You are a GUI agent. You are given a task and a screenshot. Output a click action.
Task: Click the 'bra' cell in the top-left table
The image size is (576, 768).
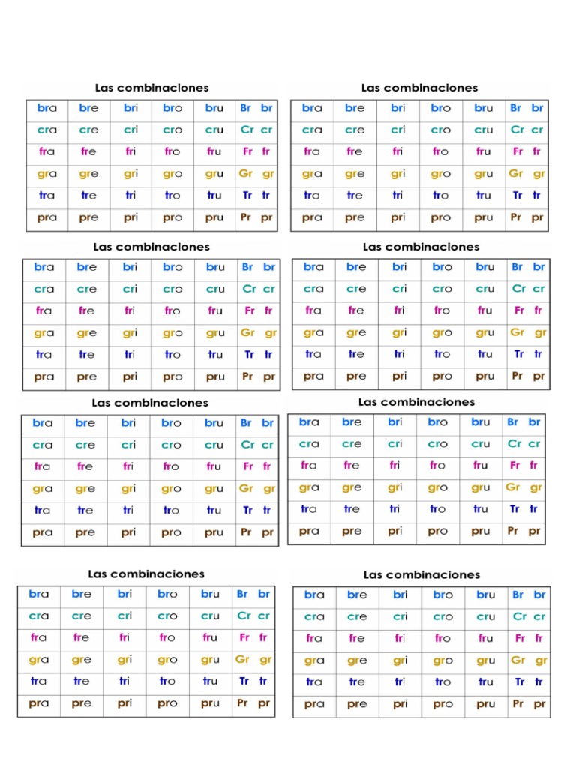tap(46, 108)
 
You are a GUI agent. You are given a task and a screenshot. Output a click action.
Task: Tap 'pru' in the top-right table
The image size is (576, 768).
tap(484, 217)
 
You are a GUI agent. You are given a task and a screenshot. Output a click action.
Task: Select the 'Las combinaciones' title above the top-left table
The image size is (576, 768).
tap(151, 88)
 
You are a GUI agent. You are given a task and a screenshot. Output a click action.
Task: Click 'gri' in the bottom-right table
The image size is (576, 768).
tap(400, 661)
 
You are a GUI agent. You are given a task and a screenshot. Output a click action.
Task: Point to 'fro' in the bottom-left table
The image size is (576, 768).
tap(167, 638)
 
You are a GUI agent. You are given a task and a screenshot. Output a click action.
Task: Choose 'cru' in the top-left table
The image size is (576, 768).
tap(214, 130)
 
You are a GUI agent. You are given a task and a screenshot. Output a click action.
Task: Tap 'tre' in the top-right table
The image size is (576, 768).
tap(355, 196)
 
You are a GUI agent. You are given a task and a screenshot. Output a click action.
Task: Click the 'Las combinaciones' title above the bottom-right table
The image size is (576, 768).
tap(421, 575)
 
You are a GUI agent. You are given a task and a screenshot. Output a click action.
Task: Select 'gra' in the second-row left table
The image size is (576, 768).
tap(44, 332)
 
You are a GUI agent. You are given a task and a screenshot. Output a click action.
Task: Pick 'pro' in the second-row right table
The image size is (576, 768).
tap(442, 376)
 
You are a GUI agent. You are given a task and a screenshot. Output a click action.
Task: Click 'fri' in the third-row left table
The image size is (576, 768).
tap(128, 466)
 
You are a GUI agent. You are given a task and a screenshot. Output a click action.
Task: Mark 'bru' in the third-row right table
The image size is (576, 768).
tap(481, 421)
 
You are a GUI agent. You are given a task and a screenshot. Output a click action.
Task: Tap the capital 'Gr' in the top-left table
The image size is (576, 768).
tap(246, 174)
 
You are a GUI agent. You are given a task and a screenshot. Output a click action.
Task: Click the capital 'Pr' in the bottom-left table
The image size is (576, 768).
tap(242, 703)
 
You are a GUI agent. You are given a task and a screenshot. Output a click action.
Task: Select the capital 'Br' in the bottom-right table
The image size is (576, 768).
tap(517, 595)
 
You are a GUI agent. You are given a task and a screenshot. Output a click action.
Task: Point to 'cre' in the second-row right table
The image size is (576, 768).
tap(356, 289)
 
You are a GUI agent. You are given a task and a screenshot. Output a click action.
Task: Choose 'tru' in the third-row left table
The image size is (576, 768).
tap(214, 511)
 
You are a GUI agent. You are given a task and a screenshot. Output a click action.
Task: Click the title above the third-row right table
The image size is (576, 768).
tap(416, 402)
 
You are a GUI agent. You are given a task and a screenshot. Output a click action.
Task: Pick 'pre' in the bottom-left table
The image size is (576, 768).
tap(82, 704)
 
